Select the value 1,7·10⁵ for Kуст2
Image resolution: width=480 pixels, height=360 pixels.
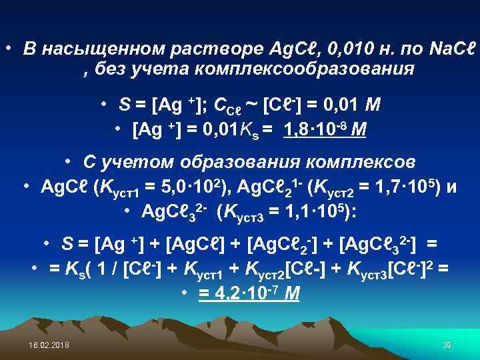coord(397,187)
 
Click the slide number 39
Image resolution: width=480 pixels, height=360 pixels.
coord(447,344)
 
